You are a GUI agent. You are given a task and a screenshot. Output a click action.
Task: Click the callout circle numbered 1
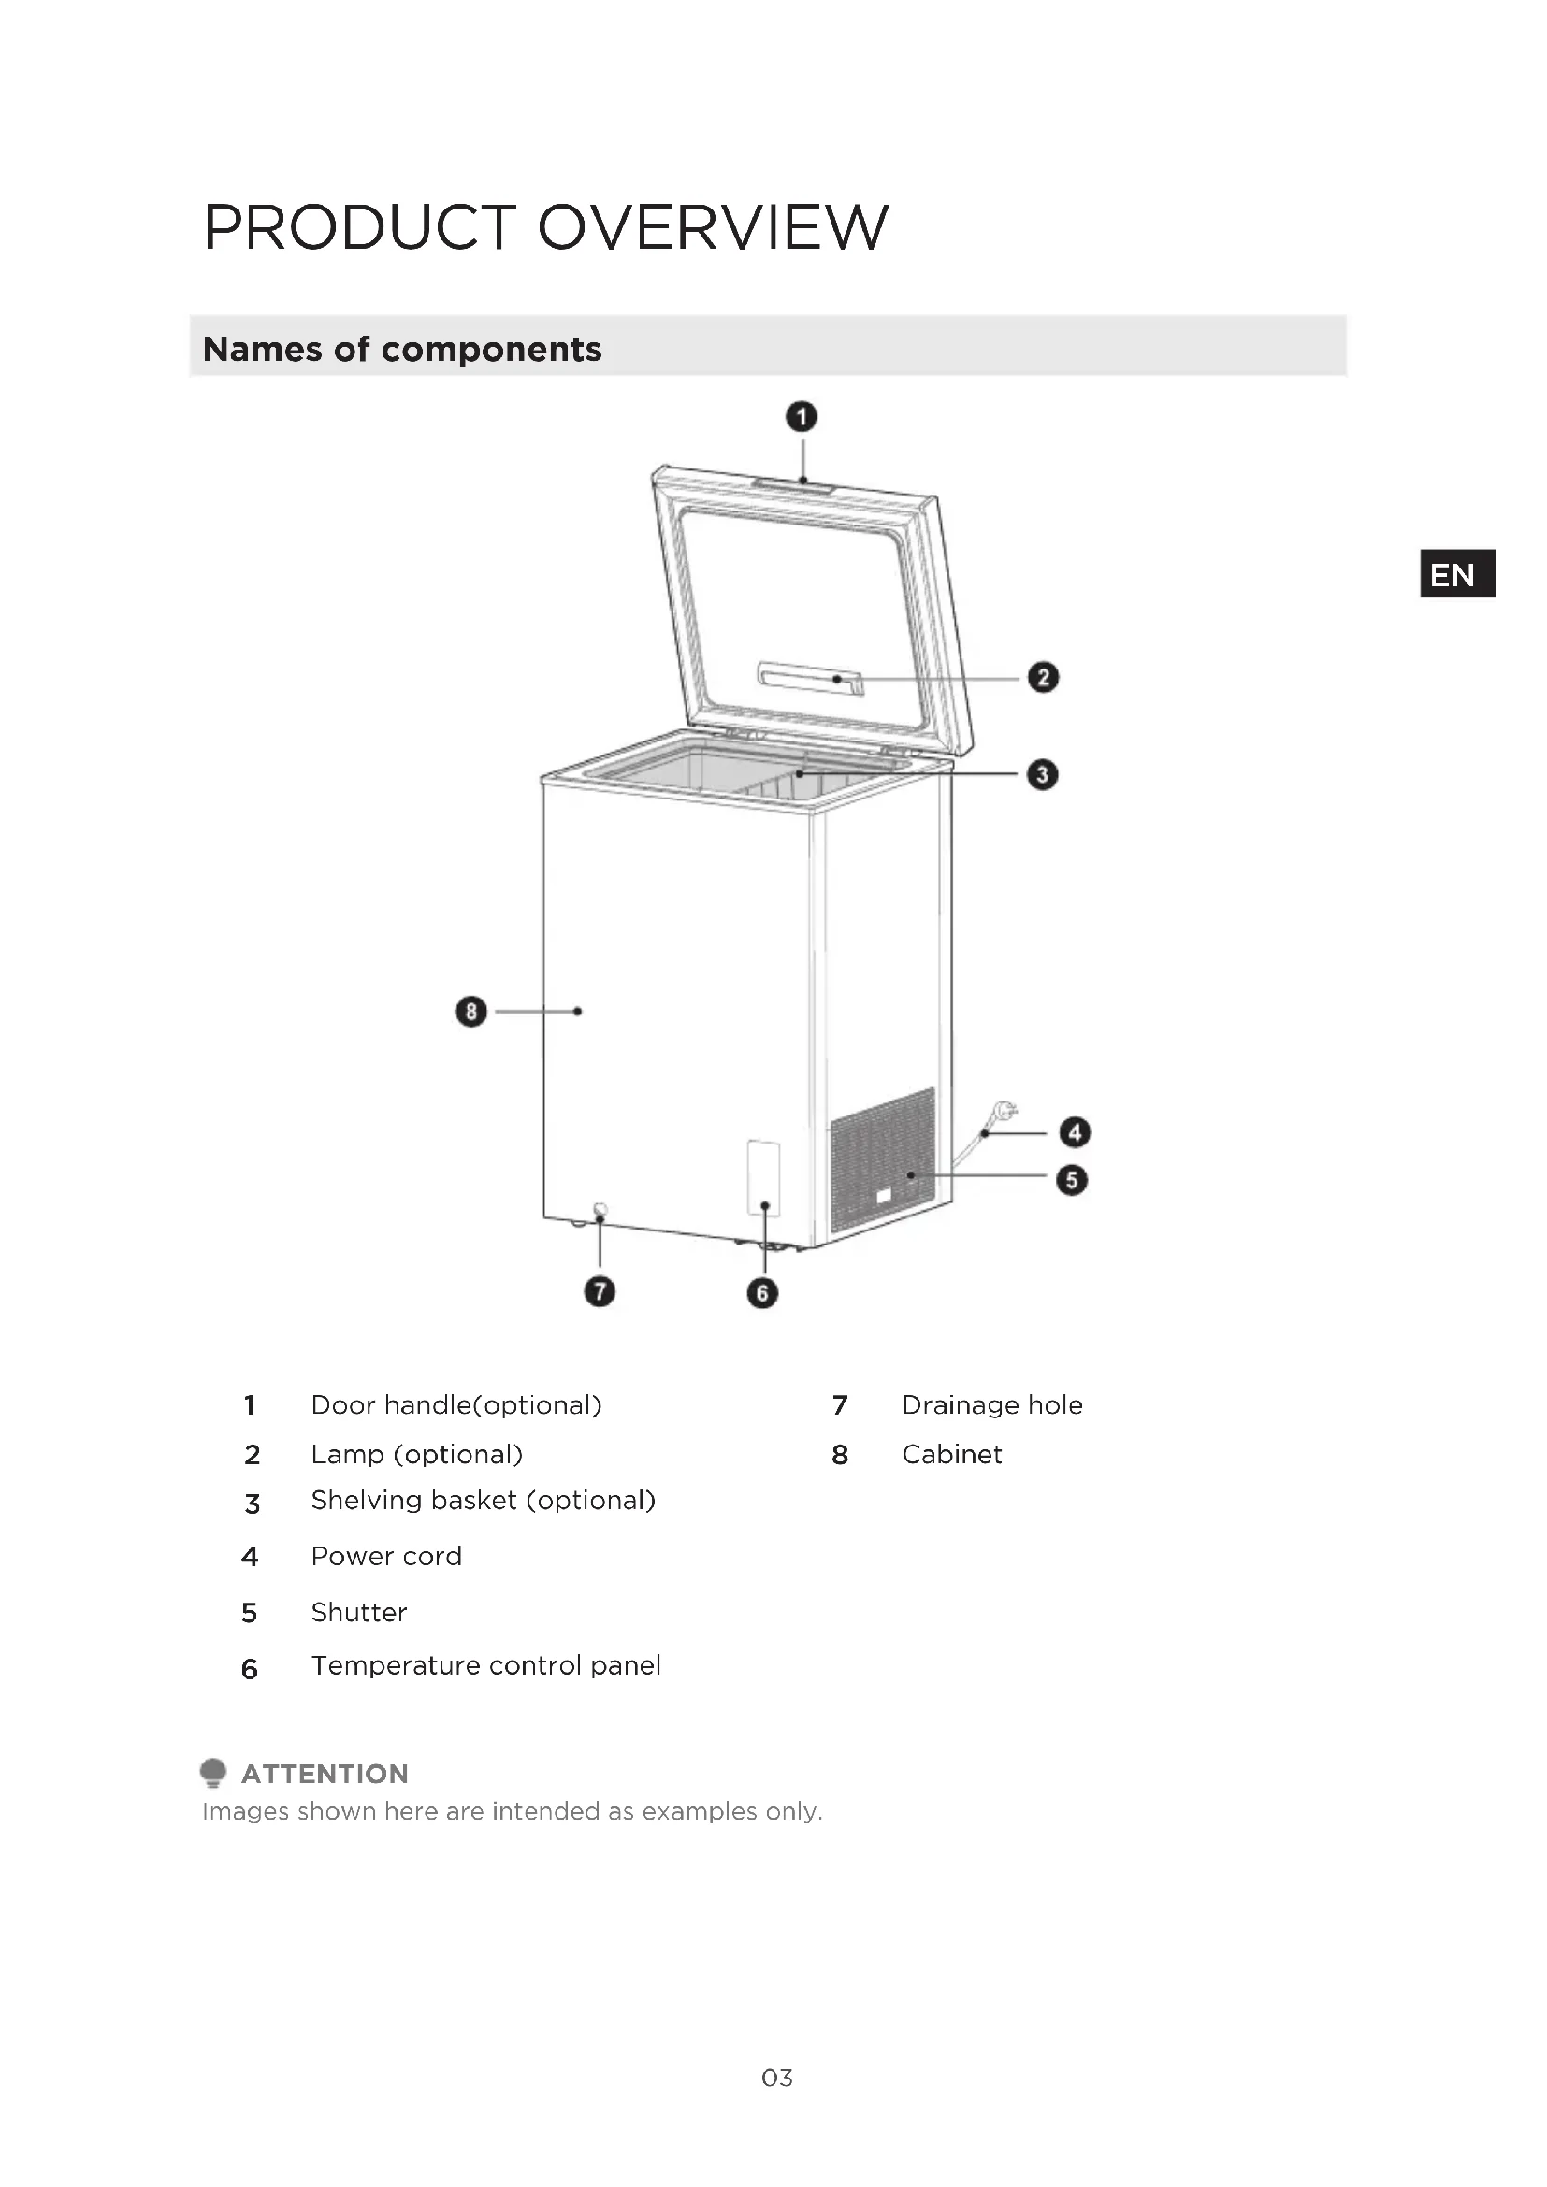click(802, 417)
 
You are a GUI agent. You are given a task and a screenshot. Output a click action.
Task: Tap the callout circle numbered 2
click(1043, 677)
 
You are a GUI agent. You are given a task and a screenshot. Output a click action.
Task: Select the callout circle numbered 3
click(1042, 774)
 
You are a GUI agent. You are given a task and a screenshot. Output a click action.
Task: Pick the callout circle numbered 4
click(1075, 1131)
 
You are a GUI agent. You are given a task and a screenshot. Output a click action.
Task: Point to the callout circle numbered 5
click(1072, 1180)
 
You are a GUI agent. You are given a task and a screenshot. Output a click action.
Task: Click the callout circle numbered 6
click(762, 1292)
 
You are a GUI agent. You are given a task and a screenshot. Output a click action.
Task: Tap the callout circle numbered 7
click(600, 1291)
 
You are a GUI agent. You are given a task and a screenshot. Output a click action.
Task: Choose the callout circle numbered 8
click(471, 1011)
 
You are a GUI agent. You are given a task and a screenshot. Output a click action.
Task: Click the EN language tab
click(1456, 574)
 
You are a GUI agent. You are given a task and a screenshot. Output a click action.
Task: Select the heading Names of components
click(402, 350)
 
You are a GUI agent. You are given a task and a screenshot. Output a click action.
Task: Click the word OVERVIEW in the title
click(713, 228)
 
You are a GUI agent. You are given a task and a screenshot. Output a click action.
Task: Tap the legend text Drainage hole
click(991, 1405)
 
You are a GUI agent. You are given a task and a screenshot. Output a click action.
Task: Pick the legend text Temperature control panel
click(484, 1665)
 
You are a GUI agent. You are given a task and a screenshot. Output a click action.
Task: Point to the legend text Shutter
click(358, 1612)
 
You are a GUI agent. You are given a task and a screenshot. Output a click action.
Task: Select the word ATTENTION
click(325, 1773)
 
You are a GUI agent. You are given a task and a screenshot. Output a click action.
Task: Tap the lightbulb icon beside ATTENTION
click(213, 1772)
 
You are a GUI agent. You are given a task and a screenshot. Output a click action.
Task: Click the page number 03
click(776, 2078)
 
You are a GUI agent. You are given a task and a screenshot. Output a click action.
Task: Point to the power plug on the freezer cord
click(1005, 1111)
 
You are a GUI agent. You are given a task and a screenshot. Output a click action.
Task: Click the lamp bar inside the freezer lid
click(810, 678)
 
